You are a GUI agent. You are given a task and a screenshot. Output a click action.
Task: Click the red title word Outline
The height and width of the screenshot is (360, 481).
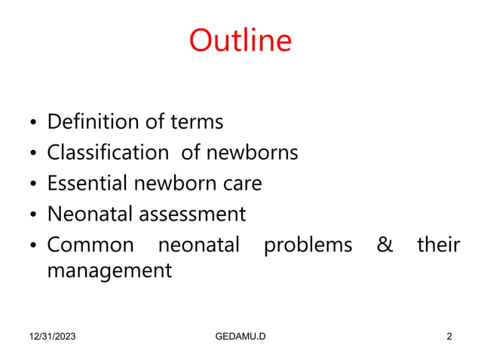(x=240, y=41)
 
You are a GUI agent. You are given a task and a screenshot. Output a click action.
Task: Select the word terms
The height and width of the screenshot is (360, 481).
(x=198, y=121)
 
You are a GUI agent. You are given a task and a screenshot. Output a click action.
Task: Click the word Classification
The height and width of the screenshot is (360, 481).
(x=108, y=153)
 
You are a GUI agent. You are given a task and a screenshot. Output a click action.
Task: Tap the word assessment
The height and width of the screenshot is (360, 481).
(x=191, y=214)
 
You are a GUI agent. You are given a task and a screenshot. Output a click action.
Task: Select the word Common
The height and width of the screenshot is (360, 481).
(x=90, y=245)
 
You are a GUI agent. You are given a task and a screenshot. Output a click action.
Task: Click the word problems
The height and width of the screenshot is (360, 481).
(x=308, y=245)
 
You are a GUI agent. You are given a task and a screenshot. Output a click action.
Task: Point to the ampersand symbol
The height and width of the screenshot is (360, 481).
(x=384, y=245)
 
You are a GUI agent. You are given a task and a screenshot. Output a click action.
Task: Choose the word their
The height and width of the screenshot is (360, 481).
(x=438, y=245)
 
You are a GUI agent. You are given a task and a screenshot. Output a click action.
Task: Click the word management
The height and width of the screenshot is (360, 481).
(x=109, y=270)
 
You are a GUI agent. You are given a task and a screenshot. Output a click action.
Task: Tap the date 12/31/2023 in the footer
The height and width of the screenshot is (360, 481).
(x=54, y=336)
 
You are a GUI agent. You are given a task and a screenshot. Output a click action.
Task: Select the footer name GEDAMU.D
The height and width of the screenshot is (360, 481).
(x=240, y=336)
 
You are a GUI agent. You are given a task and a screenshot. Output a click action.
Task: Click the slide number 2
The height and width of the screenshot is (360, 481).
(x=449, y=336)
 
